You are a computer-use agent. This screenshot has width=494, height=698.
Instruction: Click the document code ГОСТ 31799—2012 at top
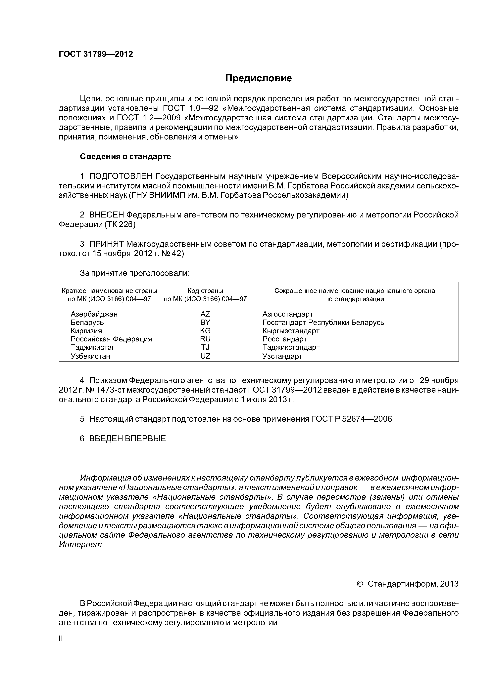(96, 54)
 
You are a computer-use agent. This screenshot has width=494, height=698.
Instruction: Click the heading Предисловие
(258, 78)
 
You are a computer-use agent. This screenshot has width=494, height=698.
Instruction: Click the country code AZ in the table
(205, 314)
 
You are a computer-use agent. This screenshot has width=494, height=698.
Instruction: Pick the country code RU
(205, 339)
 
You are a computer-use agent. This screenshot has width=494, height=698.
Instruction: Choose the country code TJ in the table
(205, 347)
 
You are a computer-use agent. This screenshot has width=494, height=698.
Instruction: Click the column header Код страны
(205, 291)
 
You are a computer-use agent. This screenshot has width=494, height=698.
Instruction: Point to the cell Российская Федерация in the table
(111, 339)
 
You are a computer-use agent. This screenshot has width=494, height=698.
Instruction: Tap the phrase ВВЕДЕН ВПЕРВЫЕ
(127, 438)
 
